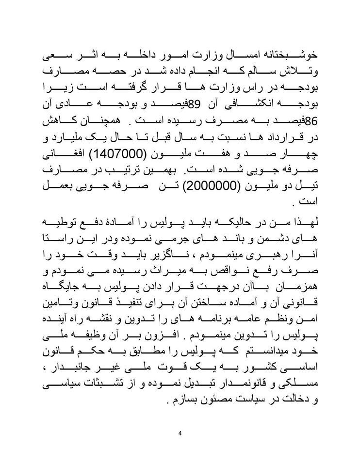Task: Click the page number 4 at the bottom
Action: click(x=180, y=433)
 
